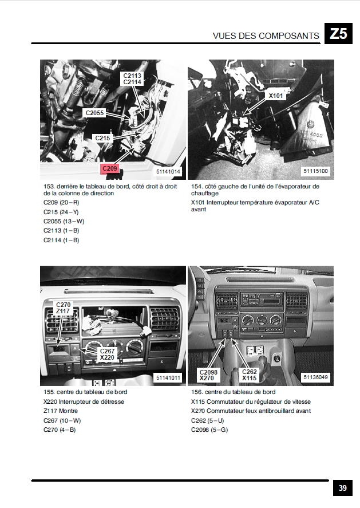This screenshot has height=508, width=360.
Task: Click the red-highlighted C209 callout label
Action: click(109, 168)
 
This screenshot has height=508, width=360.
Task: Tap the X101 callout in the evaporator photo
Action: click(275, 96)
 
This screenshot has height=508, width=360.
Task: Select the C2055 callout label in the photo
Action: click(94, 113)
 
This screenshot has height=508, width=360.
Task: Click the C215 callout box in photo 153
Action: click(102, 138)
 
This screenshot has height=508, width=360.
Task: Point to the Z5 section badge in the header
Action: click(338, 33)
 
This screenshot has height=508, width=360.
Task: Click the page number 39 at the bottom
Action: click(342, 488)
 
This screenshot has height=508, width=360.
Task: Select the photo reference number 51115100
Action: click(316, 171)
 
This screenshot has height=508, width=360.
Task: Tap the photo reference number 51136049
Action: click(316, 377)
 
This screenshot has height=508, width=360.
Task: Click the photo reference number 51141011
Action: click(168, 378)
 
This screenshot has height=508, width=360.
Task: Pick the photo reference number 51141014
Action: click(168, 171)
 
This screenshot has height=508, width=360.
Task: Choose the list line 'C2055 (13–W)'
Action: click(64, 221)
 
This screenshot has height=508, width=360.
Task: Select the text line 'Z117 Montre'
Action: click(61, 411)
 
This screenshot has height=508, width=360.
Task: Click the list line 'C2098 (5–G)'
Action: click(209, 430)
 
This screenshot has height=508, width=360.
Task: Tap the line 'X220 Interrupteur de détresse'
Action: click(84, 401)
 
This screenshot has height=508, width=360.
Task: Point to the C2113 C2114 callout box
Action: click(132, 78)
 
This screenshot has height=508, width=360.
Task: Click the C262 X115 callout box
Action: click(250, 375)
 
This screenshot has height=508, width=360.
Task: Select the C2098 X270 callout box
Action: click(208, 375)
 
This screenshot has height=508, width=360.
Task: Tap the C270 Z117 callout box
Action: click(63, 308)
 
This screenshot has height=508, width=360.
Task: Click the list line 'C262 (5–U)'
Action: click(208, 420)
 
